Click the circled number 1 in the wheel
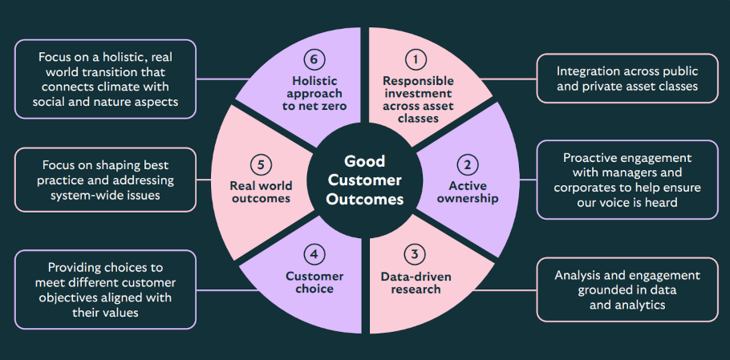pyautogui.click(x=415, y=59)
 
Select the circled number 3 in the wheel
pyautogui.click(x=415, y=256)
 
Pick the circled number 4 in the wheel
pyautogui.click(x=314, y=256)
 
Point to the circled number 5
pyautogui.click(x=260, y=165)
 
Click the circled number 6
pyautogui.click(x=314, y=59)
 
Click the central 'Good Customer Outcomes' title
pyautogui.click(x=365, y=180)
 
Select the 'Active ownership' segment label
pyautogui.click(x=467, y=192)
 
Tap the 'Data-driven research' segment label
pyautogui.click(x=416, y=282)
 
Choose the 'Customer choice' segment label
pyautogui.click(x=314, y=282)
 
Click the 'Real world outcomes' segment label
pyautogui.click(x=260, y=192)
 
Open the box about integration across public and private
pyautogui.click(x=627, y=79)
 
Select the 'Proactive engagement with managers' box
pyautogui.click(x=627, y=180)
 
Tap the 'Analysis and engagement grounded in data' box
pyautogui.click(x=627, y=289)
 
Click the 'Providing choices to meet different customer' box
pyautogui.click(x=104, y=290)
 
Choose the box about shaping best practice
pyautogui.click(x=104, y=180)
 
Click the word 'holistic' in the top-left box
pyautogui.click(x=123, y=59)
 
